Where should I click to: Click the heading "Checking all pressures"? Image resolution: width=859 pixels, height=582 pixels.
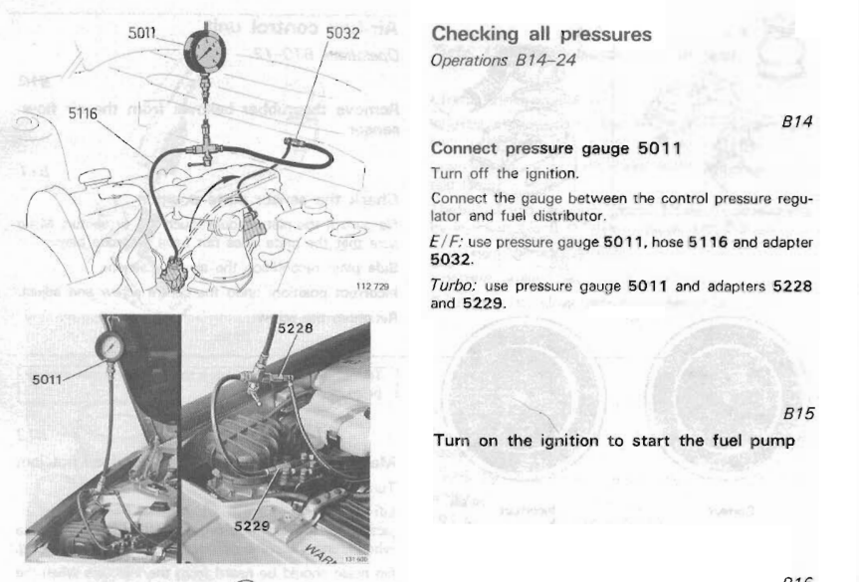pyautogui.click(x=541, y=35)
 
